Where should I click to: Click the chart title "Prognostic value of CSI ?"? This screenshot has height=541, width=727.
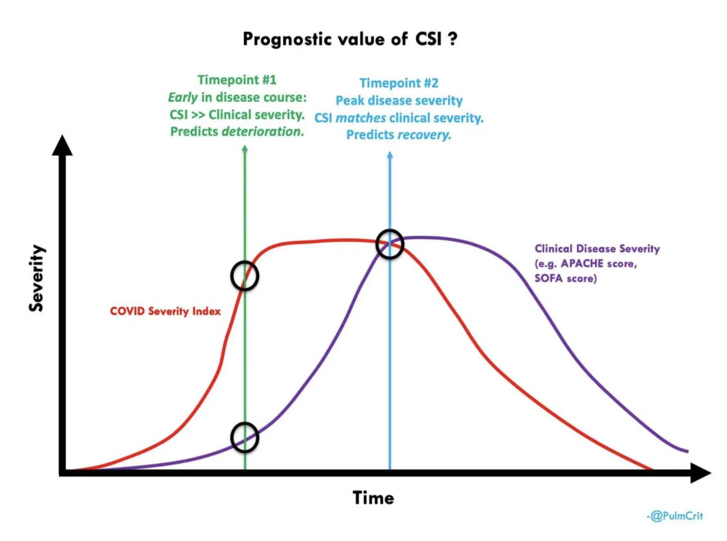pyautogui.click(x=349, y=39)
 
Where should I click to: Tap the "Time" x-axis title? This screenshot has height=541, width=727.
pyautogui.click(x=373, y=498)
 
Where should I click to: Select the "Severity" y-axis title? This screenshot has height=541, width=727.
pyautogui.click(x=37, y=278)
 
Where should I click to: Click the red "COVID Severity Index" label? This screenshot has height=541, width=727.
pyautogui.click(x=165, y=311)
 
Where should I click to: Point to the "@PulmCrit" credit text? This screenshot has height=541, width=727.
pyautogui.click(x=676, y=516)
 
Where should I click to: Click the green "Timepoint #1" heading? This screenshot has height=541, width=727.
pyautogui.click(x=237, y=80)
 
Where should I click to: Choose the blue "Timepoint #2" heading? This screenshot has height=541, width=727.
pyautogui.click(x=398, y=83)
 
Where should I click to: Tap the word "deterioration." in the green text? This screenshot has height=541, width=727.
pyautogui.click(x=263, y=132)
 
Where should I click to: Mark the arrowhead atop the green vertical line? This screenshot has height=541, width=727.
pyautogui.click(x=244, y=148)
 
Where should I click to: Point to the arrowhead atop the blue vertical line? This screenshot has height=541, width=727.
pyautogui.click(x=390, y=155)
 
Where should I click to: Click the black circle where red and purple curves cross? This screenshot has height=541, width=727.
pyautogui.click(x=389, y=244)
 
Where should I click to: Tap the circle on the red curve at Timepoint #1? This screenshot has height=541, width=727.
pyautogui.click(x=244, y=276)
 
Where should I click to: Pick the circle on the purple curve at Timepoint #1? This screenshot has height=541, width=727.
pyautogui.click(x=244, y=437)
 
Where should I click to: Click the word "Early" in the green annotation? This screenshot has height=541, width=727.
pyautogui.click(x=183, y=97)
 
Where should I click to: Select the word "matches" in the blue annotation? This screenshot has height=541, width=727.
pyautogui.click(x=361, y=118)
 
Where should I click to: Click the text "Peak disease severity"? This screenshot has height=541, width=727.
pyautogui.click(x=399, y=101)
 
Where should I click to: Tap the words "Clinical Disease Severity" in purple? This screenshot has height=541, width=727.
pyautogui.click(x=597, y=249)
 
